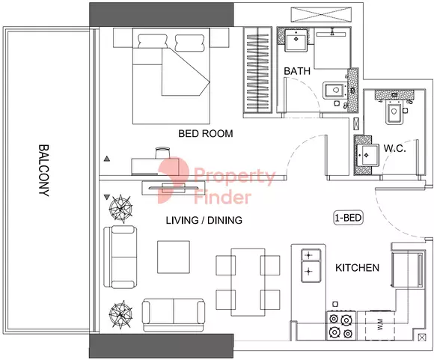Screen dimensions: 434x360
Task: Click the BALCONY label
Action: point(43,171)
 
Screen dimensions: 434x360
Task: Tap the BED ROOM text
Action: point(206,133)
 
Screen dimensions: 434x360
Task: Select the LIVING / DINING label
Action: point(204,221)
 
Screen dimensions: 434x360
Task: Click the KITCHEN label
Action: point(357,268)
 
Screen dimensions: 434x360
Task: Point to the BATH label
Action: point(297,71)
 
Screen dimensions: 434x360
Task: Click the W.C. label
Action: point(394,149)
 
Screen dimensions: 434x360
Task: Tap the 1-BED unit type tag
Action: point(349,218)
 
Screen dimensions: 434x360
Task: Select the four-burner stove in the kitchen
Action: point(341,326)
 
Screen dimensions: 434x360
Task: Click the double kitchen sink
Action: point(311,266)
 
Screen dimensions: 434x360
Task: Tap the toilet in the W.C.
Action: point(394,112)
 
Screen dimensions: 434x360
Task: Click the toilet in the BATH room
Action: point(334,91)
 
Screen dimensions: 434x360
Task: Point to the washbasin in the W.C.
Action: point(367,155)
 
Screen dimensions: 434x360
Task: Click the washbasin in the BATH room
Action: point(296,40)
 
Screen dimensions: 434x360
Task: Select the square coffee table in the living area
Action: point(174,257)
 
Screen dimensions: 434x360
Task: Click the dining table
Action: point(248,282)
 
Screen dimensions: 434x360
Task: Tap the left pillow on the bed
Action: point(153,42)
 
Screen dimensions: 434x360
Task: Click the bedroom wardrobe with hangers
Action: point(257,70)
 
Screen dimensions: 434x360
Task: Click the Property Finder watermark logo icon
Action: point(174,180)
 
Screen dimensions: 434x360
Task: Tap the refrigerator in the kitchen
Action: point(407,269)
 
